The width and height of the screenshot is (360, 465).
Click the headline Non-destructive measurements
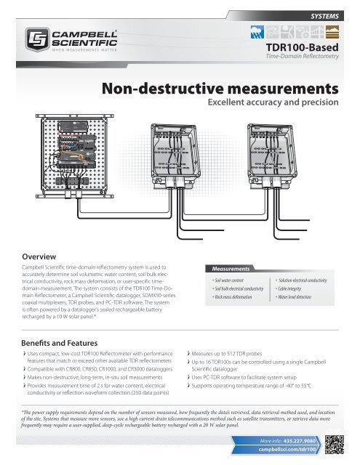[222, 89]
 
